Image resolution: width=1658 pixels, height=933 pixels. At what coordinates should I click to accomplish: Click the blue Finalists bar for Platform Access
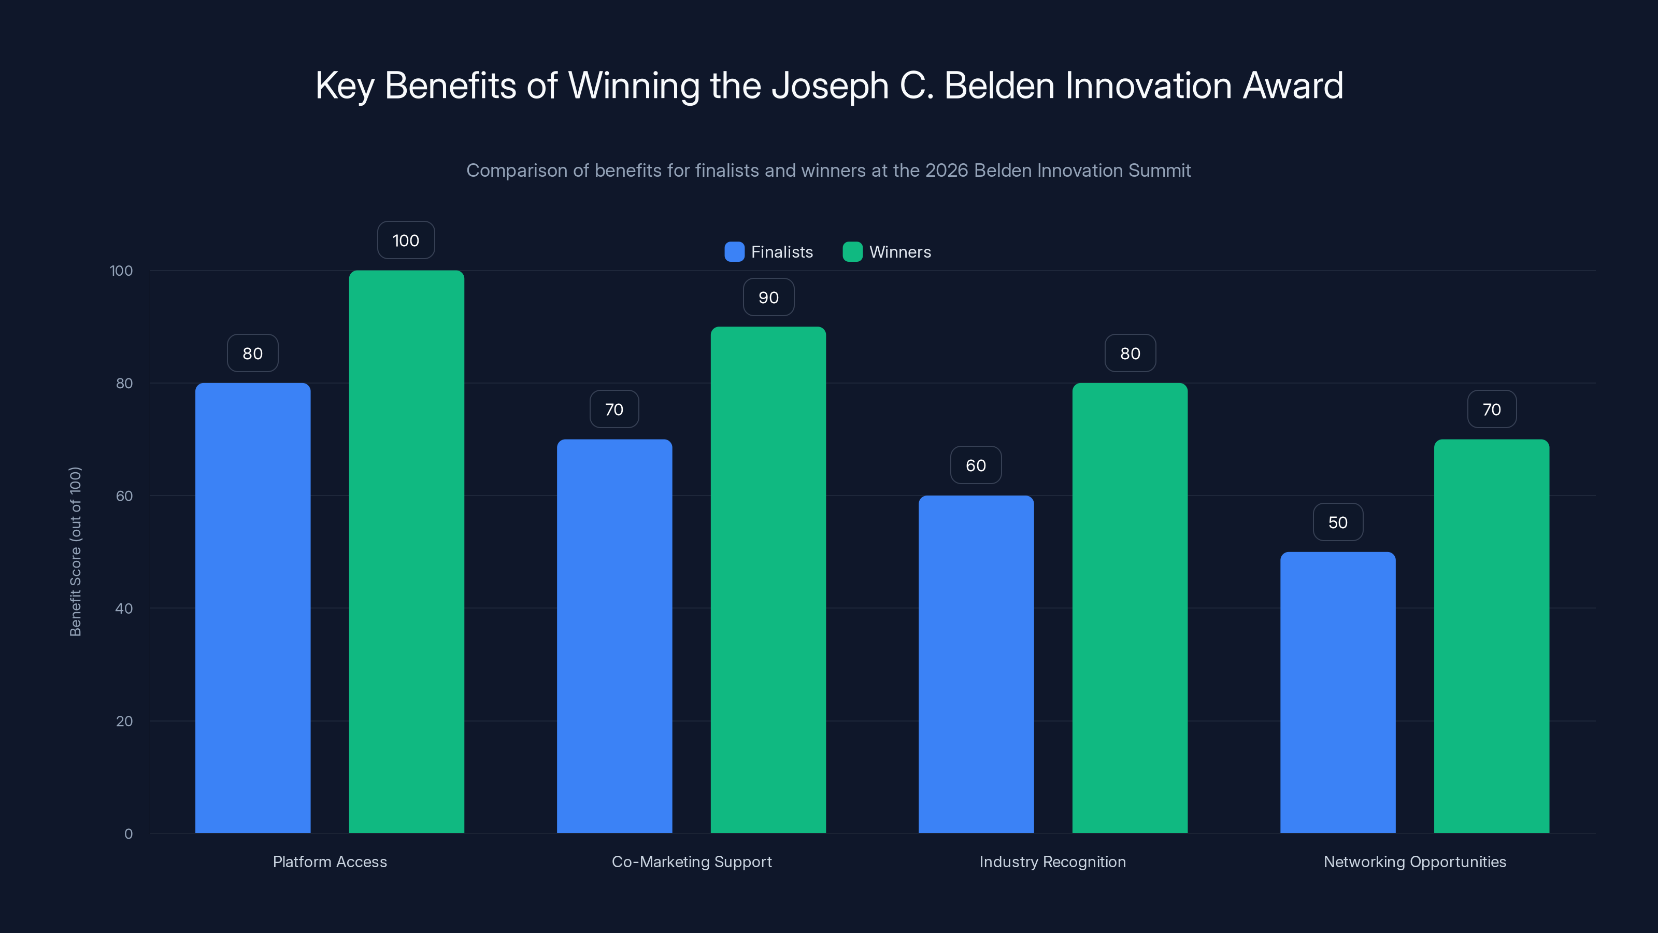point(252,608)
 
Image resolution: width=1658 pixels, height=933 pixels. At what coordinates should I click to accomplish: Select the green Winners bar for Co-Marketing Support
point(768,579)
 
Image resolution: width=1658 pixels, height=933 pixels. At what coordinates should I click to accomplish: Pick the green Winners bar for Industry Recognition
point(1130,608)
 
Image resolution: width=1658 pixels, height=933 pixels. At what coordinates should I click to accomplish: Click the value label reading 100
point(406,240)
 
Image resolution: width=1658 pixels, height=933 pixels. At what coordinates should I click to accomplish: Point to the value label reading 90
point(768,298)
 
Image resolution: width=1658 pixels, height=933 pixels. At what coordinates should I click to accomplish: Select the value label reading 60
point(976,465)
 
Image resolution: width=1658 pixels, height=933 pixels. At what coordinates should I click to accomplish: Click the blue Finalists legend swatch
point(734,252)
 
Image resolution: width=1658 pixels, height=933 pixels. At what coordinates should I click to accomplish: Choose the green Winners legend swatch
point(852,252)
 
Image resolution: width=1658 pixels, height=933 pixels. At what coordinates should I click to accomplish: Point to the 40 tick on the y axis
point(124,609)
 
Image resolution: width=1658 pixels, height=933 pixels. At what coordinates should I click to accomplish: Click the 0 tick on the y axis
point(128,834)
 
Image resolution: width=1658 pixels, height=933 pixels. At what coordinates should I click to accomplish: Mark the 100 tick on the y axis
point(121,271)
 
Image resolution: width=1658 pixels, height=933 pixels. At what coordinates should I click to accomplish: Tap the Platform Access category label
point(330,861)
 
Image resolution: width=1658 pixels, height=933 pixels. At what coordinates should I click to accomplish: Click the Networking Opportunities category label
point(1414,861)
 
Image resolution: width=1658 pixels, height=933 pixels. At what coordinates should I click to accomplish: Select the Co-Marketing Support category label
point(691,861)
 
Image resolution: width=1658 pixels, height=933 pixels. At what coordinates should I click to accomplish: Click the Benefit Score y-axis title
point(75,552)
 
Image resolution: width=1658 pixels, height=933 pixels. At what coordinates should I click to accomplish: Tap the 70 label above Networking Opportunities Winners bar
point(1491,409)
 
